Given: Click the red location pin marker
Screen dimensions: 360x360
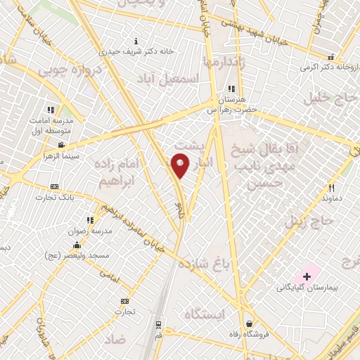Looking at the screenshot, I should coord(180,165).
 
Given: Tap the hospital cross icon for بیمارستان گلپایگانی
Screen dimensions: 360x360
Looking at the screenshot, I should coord(307,276).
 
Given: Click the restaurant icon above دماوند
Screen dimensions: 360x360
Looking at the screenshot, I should coord(331,188).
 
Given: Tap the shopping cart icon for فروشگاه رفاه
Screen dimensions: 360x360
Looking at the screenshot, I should coord(249,324).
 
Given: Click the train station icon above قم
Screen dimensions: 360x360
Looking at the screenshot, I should coord(160,326).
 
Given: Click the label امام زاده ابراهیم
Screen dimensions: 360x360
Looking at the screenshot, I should coord(121,172).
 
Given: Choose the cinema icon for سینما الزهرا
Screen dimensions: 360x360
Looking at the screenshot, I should coord(61,146).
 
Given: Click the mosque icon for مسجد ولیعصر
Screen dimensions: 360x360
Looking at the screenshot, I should coord(76,245).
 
